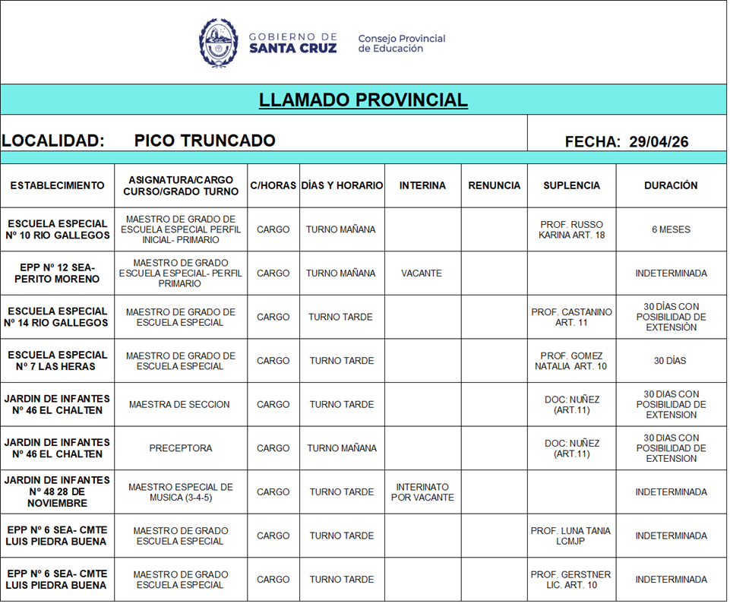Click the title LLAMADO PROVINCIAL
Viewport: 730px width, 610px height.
[363, 100]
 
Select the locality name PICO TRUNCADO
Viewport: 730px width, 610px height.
[204, 141]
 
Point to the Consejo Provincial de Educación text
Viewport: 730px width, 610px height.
[401, 43]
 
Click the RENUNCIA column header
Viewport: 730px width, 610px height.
[495, 185]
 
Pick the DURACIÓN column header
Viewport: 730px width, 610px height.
[671, 185]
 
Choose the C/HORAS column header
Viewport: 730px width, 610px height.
[273, 185]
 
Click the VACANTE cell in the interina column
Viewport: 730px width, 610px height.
[422, 273]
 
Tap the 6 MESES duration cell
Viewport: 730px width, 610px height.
[671, 229]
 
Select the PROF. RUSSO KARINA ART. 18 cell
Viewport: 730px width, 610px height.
[571, 229]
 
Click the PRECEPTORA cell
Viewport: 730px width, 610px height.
[181, 448]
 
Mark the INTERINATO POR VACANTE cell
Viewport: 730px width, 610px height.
[422, 492]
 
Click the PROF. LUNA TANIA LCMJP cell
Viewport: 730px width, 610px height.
[570, 536]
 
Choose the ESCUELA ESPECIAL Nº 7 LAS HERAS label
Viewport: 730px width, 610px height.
[58, 361]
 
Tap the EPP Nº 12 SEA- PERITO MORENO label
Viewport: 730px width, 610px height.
[58, 273]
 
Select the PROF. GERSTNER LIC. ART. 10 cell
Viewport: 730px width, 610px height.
[570, 580]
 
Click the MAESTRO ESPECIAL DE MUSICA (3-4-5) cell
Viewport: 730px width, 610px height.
[181, 492]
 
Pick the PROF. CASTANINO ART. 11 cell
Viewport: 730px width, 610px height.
[571, 317]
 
